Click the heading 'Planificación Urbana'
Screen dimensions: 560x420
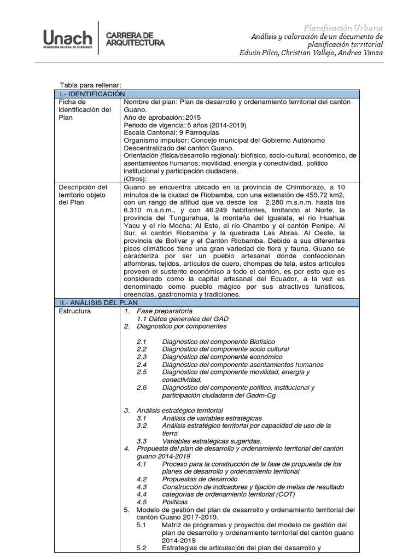(x=343, y=28)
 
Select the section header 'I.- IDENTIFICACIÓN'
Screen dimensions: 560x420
(x=93, y=94)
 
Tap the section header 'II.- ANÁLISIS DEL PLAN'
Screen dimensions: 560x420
(x=99, y=302)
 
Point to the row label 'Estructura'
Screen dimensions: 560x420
(x=75, y=311)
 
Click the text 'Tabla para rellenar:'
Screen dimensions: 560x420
(x=90, y=85)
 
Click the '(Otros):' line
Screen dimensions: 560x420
(x=136, y=178)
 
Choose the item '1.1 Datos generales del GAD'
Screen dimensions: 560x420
(x=183, y=319)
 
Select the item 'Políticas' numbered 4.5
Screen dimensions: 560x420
(x=175, y=502)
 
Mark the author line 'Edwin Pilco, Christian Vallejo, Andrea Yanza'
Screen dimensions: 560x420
(x=311, y=52)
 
